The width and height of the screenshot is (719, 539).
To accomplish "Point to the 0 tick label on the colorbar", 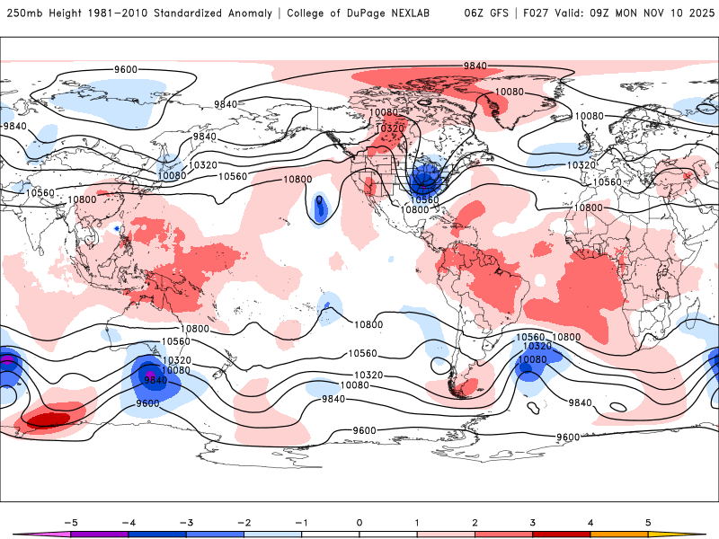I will (359, 521).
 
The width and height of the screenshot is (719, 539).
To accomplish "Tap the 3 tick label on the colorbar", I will (533, 521).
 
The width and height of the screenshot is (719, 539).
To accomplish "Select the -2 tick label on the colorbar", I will (244, 521).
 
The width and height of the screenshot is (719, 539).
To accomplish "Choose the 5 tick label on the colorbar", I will (648, 521).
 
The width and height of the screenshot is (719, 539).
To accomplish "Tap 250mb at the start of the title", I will (23, 13).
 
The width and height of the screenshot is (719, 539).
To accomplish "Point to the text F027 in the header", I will (528, 13).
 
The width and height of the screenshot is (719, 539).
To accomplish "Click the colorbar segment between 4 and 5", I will (619, 534).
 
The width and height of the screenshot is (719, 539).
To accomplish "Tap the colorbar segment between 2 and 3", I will (503, 534).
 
